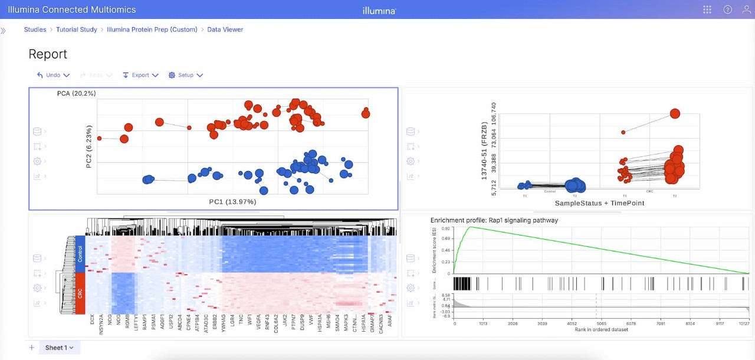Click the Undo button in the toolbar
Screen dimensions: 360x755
click(x=53, y=75)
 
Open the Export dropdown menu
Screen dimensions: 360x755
click(x=140, y=75)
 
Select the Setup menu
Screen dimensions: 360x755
click(x=186, y=75)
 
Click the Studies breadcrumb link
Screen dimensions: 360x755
click(x=35, y=30)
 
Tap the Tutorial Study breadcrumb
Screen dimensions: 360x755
click(x=77, y=30)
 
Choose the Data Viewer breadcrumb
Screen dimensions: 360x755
click(x=225, y=30)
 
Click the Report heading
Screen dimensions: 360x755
click(x=48, y=54)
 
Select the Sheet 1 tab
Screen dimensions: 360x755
click(x=59, y=348)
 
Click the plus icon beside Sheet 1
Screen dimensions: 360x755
click(x=32, y=348)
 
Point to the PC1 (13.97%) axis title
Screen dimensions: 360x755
click(x=232, y=202)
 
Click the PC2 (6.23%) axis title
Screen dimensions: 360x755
click(x=89, y=146)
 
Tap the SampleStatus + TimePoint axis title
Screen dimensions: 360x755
click(x=599, y=203)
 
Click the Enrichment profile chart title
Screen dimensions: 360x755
click(x=494, y=220)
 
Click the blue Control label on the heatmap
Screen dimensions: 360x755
click(x=80, y=254)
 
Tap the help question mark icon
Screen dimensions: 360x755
click(x=727, y=9)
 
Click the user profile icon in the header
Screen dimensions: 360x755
click(x=746, y=9)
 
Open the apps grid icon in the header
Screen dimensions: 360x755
click(x=708, y=9)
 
